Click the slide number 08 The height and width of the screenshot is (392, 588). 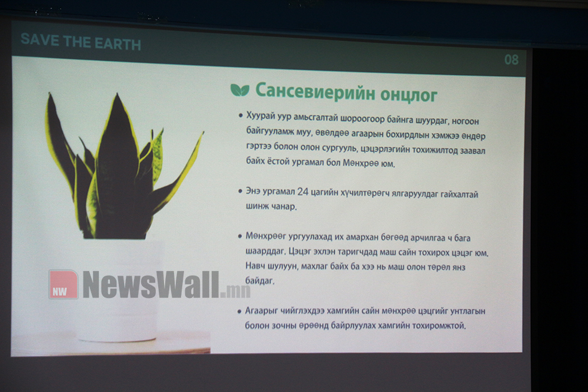(x=511, y=59)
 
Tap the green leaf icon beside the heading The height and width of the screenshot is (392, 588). (x=240, y=90)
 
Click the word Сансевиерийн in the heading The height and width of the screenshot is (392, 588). (x=315, y=92)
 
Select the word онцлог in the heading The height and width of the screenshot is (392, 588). (x=409, y=95)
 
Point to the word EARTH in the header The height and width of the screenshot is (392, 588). (x=118, y=44)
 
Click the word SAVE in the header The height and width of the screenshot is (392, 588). (x=40, y=39)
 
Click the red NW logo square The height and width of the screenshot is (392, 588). (x=64, y=284)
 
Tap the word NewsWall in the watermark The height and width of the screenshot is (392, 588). (x=151, y=285)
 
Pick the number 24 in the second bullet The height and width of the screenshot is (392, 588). (x=303, y=192)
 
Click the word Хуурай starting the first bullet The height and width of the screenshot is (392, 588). (x=260, y=116)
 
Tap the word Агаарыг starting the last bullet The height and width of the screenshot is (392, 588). (x=262, y=311)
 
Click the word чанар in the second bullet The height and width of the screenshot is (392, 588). (x=283, y=206)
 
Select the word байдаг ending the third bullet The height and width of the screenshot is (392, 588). (x=260, y=280)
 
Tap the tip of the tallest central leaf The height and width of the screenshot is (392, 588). (x=118, y=94)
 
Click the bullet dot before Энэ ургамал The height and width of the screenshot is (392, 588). (x=240, y=191)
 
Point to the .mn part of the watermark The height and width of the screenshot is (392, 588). (x=236, y=291)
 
